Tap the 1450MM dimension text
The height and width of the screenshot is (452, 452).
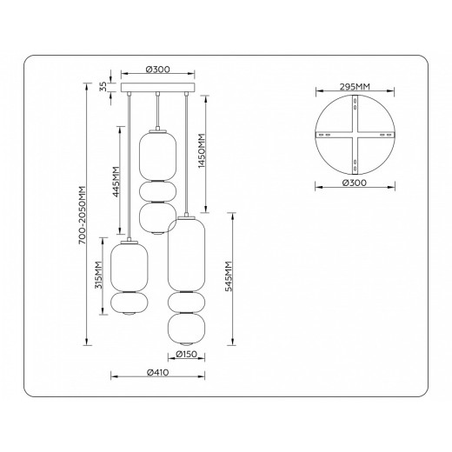[x=200, y=153]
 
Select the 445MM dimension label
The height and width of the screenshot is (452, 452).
[x=116, y=182]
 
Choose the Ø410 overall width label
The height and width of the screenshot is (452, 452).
[x=157, y=373]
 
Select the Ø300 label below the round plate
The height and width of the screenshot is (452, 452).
[x=355, y=184]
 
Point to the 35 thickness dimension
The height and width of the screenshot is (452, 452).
[x=103, y=86]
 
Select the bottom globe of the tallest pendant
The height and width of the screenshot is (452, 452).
[x=184, y=329]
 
